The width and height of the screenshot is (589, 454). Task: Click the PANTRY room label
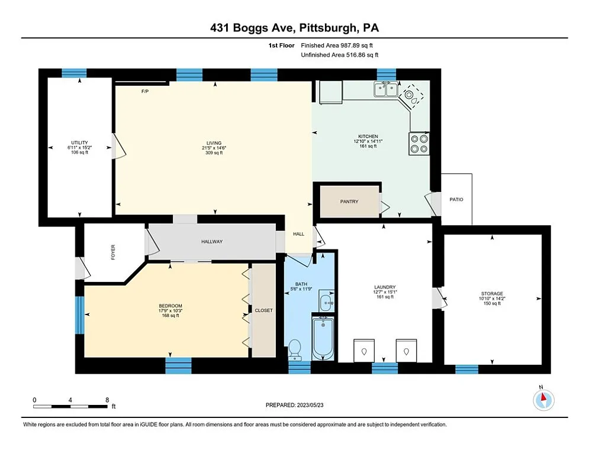(349, 202)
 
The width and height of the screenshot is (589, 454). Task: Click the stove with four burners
(419, 144)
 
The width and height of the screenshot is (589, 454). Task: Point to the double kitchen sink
(385, 90)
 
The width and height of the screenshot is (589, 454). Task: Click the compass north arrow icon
(543, 400)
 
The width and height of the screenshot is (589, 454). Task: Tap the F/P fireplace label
(144, 92)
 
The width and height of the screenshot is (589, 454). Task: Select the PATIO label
(456, 199)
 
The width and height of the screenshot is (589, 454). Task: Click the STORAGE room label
(491, 294)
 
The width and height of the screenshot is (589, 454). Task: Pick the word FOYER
(113, 252)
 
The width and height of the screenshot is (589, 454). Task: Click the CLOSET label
(263, 310)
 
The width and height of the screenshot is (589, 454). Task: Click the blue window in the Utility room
(74, 73)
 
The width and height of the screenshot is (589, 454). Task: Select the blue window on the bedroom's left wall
(79, 314)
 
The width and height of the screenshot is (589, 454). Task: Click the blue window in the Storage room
(466, 369)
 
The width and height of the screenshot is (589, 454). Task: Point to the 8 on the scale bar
(107, 400)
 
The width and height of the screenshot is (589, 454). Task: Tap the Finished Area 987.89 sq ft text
(337, 45)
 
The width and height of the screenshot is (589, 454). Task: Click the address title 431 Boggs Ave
(294, 28)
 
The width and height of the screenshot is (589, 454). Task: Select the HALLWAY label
(211, 241)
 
